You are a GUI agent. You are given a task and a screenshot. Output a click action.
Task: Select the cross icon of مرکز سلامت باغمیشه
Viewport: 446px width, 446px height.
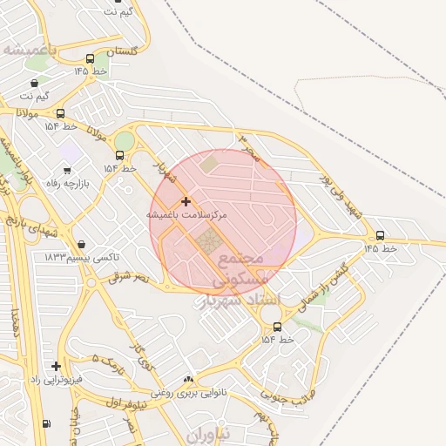pyautogui.click(x=185, y=201)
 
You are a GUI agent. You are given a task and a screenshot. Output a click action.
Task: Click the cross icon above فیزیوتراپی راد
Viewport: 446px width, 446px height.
pyautogui.click(x=57, y=367)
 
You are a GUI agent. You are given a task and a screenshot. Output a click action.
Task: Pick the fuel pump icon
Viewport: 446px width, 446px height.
pyautogui.click(x=45, y=424)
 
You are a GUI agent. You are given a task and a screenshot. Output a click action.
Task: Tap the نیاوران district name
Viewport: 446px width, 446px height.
pyautogui.click(x=209, y=433)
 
